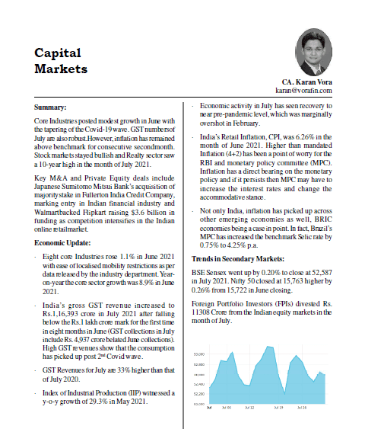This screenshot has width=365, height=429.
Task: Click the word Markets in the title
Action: (61, 68)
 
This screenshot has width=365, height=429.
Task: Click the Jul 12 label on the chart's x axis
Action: (249, 408)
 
